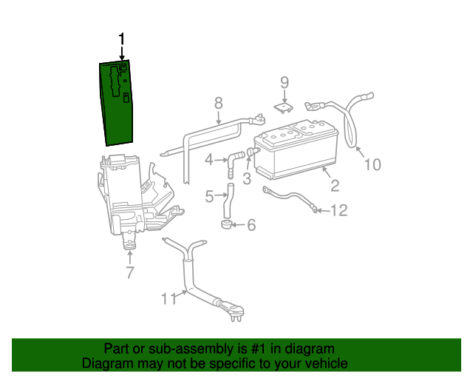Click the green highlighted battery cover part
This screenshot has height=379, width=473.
coord(115,104)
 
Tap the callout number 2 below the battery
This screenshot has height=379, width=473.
coord(334,186)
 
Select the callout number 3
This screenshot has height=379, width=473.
coord(247,178)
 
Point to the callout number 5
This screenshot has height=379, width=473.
coord(210,196)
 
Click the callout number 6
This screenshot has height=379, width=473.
coord(251,224)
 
